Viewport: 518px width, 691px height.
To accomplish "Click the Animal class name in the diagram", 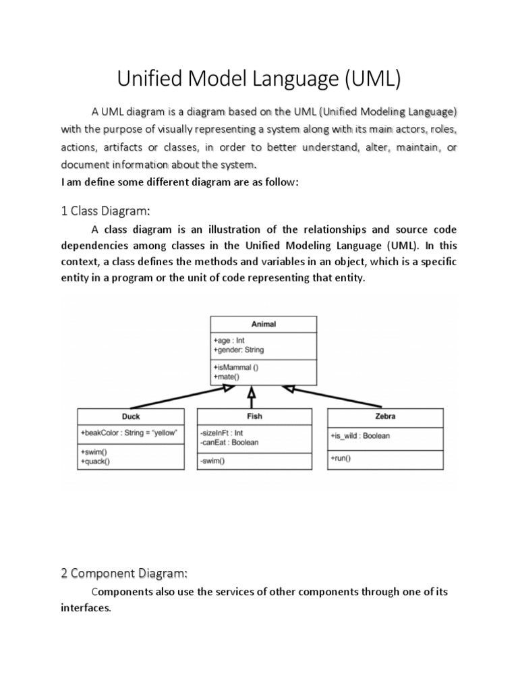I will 264,324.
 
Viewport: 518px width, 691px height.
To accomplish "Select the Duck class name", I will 131,416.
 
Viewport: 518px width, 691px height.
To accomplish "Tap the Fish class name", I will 254,416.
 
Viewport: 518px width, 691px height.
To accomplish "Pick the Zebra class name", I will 385,416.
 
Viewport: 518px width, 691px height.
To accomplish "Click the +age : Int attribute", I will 229,341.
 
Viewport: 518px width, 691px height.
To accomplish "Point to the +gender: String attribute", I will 239,350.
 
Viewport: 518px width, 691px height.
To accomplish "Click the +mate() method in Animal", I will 227,377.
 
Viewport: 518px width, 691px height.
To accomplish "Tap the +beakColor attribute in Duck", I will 128,433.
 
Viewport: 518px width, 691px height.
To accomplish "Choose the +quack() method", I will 95,462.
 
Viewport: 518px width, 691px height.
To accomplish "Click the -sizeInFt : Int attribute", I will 221,433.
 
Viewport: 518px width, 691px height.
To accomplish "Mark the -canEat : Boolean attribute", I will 229,443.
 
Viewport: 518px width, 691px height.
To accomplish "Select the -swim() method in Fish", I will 212,462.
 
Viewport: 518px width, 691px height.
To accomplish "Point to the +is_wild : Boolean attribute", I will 360,436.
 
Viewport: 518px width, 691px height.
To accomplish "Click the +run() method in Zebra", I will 341,458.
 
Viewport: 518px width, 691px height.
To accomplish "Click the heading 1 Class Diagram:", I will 105,211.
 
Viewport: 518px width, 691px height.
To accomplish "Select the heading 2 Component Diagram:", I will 123,573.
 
